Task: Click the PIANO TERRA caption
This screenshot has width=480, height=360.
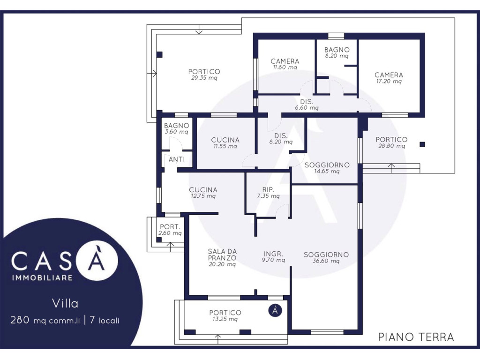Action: point(416,337)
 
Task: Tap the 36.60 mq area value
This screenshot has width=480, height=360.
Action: point(326,261)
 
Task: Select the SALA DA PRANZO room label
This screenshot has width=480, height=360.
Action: point(222,255)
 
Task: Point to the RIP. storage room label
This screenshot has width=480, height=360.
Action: point(269,190)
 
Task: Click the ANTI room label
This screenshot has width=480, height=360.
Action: point(177,159)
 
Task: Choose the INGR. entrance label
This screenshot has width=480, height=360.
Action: point(273,254)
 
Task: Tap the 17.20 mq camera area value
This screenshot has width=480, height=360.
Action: point(389,82)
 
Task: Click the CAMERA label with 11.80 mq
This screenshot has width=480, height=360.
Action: point(285,61)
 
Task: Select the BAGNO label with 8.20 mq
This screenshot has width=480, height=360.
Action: point(337,50)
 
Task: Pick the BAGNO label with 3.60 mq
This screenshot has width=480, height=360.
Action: point(177,126)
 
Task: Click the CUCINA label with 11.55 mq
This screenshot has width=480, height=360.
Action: point(225,140)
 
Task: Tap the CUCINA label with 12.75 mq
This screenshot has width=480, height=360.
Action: point(203,190)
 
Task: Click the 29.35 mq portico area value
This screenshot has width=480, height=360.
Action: point(204,78)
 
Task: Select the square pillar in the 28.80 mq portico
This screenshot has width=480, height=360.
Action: point(422,144)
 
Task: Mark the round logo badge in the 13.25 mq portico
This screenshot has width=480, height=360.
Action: point(275,310)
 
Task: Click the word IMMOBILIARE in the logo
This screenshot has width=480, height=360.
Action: point(42,278)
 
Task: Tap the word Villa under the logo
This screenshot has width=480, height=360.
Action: point(65,304)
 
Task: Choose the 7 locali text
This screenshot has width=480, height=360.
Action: point(105,320)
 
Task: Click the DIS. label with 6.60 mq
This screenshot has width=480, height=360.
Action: point(307,102)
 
